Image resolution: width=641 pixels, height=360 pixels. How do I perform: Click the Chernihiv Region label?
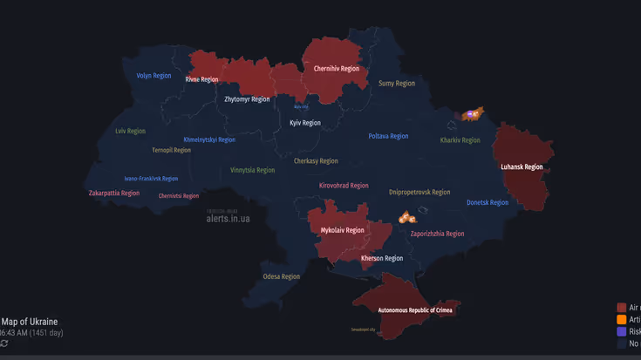coord(337,68)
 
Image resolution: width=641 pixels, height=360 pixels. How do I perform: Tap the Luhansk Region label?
coord(522,166)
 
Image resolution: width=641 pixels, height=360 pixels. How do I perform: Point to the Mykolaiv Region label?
coord(343,230)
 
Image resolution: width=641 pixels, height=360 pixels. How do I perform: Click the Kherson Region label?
coord(382,258)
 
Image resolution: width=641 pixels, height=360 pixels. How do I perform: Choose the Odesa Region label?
coord(282,276)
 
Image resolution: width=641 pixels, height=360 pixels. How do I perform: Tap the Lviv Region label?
coord(131,131)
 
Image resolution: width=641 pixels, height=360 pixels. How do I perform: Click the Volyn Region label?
coord(154,76)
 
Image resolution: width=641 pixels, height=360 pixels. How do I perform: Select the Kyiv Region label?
coord(305,123)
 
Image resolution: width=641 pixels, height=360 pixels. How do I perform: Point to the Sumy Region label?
coord(397,84)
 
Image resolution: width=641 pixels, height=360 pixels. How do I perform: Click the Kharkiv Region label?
coord(460,139)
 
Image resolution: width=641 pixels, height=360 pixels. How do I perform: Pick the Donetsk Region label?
coord(488,202)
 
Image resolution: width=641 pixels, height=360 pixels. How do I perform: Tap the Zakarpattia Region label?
coord(114,193)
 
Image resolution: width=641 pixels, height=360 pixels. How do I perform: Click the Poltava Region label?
coord(388,136)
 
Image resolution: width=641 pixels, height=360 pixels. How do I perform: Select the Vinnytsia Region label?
coord(253,170)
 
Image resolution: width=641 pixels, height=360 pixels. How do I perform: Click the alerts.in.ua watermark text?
coord(228,219)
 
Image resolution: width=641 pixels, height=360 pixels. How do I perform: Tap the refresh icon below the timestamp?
coord(4,343)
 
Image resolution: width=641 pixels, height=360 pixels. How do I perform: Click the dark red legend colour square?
coord(621,308)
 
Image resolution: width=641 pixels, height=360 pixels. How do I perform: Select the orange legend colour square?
coord(621,320)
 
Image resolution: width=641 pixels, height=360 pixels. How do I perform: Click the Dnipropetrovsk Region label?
coord(419,192)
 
